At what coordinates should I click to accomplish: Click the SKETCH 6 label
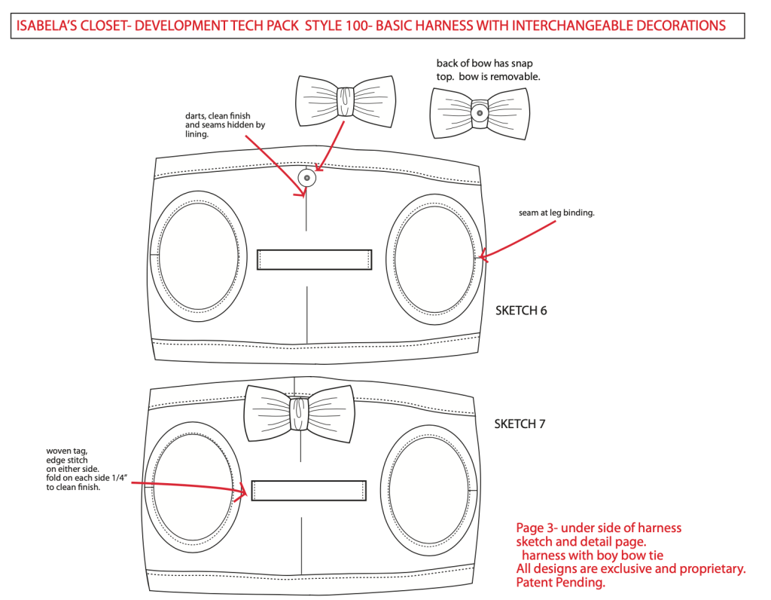click(x=521, y=311)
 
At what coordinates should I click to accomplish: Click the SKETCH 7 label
click(x=520, y=424)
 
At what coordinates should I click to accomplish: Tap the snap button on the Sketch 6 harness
click(x=306, y=178)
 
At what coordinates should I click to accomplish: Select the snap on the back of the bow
click(x=478, y=112)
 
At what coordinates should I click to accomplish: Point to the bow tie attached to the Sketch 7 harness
click(x=300, y=412)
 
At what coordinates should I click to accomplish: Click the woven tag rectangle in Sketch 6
click(x=315, y=259)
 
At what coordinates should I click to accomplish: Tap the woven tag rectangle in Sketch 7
click(x=309, y=491)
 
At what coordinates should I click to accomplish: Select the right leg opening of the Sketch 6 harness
click(x=436, y=256)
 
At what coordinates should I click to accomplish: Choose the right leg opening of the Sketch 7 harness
click(x=430, y=488)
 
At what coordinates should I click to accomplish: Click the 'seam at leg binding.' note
click(x=556, y=213)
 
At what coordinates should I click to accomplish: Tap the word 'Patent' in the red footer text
click(x=534, y=583)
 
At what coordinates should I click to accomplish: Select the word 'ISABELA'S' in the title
click(x=47, y=26)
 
